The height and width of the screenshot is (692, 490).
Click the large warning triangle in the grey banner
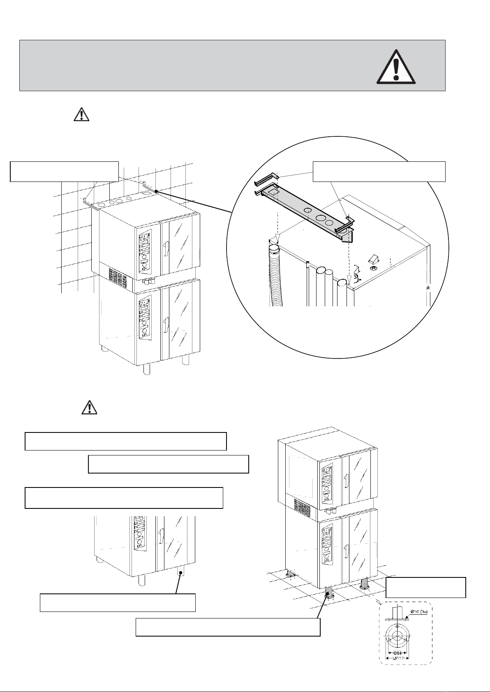point(396,67)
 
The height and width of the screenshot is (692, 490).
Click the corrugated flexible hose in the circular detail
point(275,275)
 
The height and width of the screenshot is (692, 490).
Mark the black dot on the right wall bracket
point(156,191)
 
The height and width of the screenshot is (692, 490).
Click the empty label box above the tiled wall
point(64,171)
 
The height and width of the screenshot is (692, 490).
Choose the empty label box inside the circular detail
point(379,171)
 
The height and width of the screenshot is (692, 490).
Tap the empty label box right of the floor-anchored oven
point(425,587)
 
